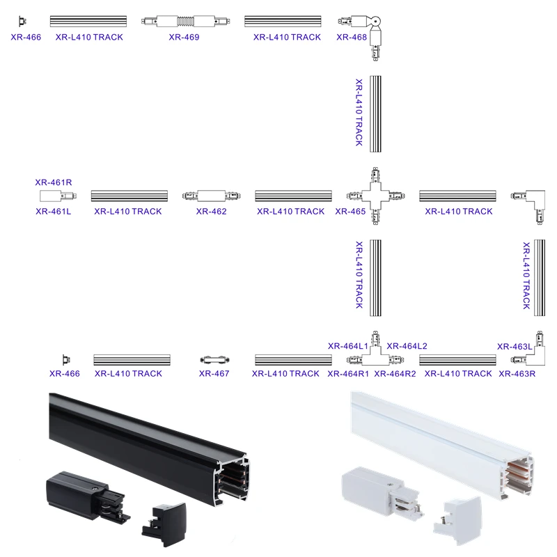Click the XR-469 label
pos(184,37)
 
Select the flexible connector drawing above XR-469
pos(184,22)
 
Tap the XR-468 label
pos(352,37)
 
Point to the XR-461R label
pos(54,182)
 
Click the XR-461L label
pos(54,212)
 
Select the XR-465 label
pos(350,212)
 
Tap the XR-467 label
pos(214,374)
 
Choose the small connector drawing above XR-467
pos(214,359)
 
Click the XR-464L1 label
pos(348,345)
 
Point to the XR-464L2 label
pos(407,345)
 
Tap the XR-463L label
pos(515,345)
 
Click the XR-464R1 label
pos(348,374)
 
